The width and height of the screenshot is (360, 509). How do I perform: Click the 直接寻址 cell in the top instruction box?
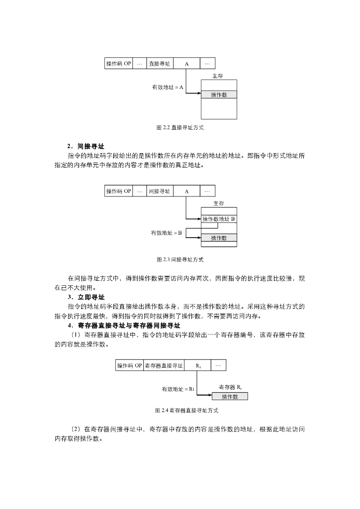(160, 64)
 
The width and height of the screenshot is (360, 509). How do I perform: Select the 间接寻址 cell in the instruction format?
(160, 191)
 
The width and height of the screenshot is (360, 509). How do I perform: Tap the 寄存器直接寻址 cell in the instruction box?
(164, 366)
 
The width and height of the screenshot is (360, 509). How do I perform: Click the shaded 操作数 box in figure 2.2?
(219, 94)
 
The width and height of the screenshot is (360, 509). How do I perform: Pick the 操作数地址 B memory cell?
(219, 219)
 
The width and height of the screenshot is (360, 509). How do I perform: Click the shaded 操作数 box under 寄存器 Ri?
(230, 396)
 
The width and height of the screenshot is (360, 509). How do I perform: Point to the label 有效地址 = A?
(168, 87)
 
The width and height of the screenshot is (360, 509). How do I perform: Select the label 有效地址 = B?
(166, 233)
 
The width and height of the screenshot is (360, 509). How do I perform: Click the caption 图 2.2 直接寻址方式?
(180, 128)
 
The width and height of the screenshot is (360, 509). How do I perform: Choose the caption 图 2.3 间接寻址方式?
(180, 259)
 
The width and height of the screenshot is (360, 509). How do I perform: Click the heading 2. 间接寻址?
(86, 147)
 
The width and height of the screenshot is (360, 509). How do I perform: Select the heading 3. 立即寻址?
(86, 297)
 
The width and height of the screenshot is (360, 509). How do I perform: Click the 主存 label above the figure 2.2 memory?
(218, 76)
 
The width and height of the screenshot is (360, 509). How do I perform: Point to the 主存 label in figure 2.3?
(219, 203)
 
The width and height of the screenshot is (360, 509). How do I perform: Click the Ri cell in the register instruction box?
(198, 366)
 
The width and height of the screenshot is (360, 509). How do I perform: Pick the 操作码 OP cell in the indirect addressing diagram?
(118, 191)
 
